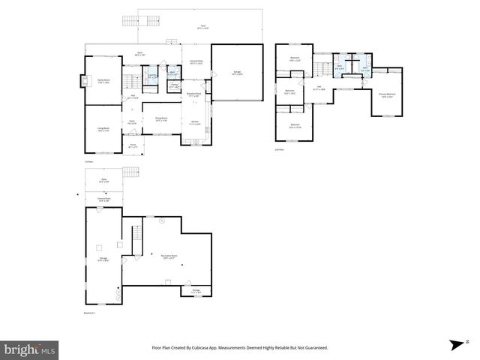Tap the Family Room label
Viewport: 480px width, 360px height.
(103, 82)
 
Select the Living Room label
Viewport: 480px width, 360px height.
(103, 130)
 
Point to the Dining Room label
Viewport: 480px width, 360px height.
(160, 119)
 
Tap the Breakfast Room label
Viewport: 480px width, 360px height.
(193, 95)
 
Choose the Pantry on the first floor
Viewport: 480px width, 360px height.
(172, 87)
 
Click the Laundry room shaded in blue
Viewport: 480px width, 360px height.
(152, 75)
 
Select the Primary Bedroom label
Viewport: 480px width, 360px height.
(387, 95)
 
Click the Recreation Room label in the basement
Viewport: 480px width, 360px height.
(169, 256)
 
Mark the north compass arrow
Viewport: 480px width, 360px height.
(455, 345)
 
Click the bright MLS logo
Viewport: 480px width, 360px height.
(30, 349)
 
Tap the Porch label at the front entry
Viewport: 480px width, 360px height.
(132, 145)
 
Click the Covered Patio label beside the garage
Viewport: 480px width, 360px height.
(197, 63)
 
